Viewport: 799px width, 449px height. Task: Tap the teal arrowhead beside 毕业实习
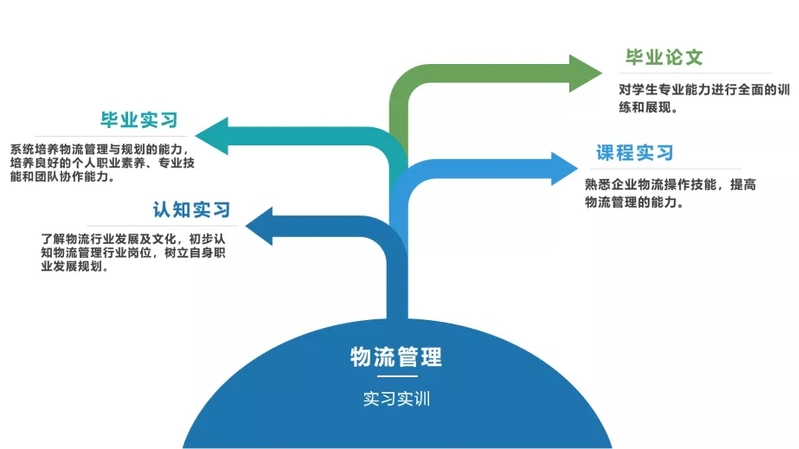(x=212, y=135)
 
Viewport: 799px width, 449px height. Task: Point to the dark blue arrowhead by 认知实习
(x=261, y=226)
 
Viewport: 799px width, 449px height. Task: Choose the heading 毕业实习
(x=139, y=121)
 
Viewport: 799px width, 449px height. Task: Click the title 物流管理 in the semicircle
(x=396, y=356)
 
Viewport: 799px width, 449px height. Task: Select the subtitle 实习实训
(x=396, y=399)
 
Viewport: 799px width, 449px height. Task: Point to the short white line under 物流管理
(x=396, y=378)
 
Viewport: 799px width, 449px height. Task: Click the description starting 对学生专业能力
(x=697, y=90)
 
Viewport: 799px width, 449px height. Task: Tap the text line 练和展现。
(x=650, y=106)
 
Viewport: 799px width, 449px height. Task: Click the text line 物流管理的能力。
(x=634, y=201)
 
